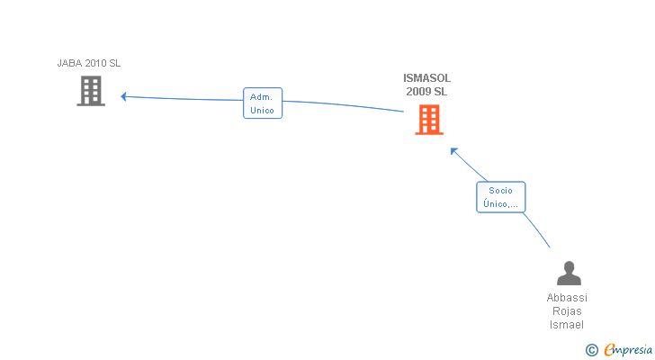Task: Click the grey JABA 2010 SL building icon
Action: click(91, 90)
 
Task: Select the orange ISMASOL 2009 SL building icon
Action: click(429, 119)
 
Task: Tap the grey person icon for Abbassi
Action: click(568, 273)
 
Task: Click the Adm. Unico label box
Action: click(263, 103)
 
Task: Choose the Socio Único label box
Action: click(500, 197)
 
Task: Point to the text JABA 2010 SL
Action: click(89, 63)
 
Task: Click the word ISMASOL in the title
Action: click(426, 78)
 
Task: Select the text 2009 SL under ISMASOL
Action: click(426, 92)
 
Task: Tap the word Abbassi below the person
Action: click(567, 298)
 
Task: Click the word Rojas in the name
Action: click(567, 311)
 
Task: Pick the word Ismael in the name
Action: click(567, 325)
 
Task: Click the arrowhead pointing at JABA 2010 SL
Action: click(124, 96)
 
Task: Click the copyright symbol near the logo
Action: click(591, 350)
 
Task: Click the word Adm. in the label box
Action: click(262, 96)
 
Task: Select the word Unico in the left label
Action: click(262, 111)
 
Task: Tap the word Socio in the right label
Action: click(500, 190)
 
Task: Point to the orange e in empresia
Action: click(608, 350)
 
